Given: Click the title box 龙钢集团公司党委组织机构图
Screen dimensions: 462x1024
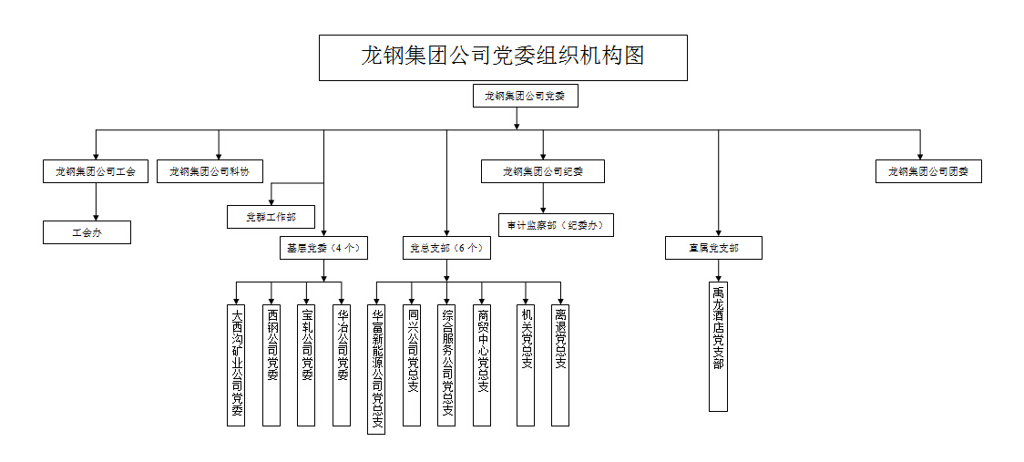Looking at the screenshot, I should (x=503, y=57).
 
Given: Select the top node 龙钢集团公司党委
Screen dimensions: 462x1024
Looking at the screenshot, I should (x=526, y=96).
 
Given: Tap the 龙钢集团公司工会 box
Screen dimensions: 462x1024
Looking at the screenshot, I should (x=96, y=171).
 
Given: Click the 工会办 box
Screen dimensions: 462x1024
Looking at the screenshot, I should (x=87, y=232).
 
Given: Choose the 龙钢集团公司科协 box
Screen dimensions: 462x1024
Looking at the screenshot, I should (x=210, y=171).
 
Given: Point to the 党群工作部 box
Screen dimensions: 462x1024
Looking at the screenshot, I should (x=271, y=217).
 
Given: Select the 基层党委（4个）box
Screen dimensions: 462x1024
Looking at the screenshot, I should (x=323, y=247).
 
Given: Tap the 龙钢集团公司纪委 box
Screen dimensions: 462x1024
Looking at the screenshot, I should (x=543, y=171).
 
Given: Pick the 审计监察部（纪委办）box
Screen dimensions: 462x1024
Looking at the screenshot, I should (x=555, y=225).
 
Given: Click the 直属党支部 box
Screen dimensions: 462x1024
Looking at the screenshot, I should (x=713, y=248).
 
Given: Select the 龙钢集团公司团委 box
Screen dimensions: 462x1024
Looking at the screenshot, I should (x=928, y=171).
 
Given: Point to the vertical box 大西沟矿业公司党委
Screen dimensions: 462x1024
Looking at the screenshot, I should (x=236, y=364).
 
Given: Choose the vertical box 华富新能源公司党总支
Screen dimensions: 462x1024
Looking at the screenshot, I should (x=376, y=369).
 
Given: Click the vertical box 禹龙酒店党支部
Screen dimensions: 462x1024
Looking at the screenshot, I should (x=718, y=346).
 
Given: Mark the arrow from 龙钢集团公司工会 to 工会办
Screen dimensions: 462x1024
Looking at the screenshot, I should (x=96, y=202).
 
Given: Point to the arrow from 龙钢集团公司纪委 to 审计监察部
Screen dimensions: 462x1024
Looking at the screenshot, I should (x=543, y=199).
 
